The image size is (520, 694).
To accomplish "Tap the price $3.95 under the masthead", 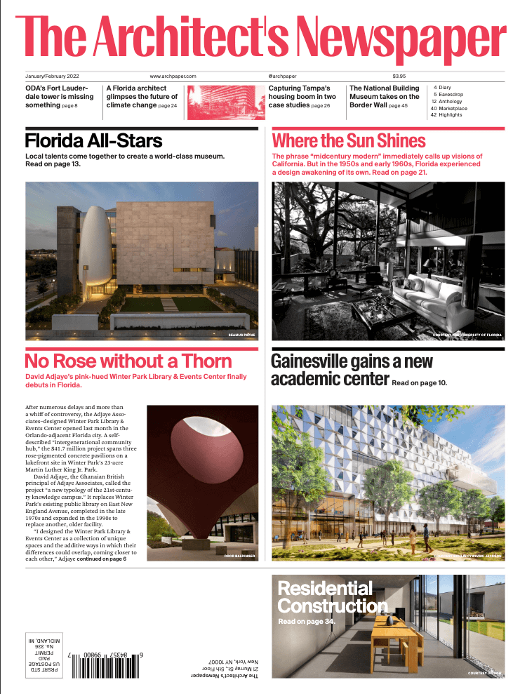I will [x=399, y=76].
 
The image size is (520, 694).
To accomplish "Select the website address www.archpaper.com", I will [x=172, y=76].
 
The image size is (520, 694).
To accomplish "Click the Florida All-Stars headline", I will [x=93, y=141].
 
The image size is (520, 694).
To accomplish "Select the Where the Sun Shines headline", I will [x=349, y=140].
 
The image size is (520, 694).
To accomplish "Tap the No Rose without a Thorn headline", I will [x=128, y=361].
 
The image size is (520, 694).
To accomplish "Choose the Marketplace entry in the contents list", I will [x=452, y=108].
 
